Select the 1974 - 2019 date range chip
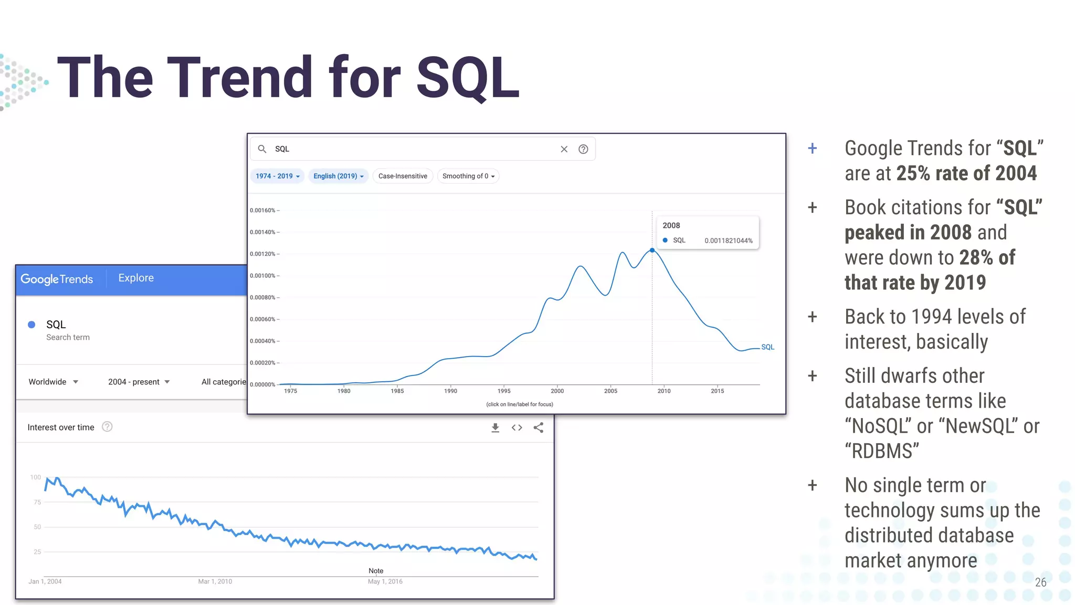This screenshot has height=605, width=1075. (x=278, y=176)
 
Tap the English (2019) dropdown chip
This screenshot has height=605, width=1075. (x=338, y=176)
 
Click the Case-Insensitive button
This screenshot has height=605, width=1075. (x=403, y=176)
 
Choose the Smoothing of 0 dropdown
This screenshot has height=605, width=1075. (x=468, y=176)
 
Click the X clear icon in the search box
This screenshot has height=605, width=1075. (x=564, y=149)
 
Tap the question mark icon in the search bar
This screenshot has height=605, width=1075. (x=583, y=149)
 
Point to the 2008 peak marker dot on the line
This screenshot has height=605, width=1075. (x=652, y=251)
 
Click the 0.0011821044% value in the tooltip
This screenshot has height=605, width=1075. (x=728, y=241)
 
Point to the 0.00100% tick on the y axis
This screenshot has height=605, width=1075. (x=263, y=276)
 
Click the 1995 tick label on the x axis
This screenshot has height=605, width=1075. (x=504, y=391)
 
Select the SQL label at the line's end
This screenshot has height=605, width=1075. (x=767, y=347)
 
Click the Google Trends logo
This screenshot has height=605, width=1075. (x=57, y=279)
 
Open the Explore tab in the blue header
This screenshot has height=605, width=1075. (x=136, y=278)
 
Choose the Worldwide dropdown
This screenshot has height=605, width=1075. (x=53, y=382)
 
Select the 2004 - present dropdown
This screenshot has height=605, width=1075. (x=139, y=382)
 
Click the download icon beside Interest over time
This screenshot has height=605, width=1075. (x=495, y=427)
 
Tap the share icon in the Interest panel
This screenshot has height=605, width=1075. (x=538, y=427)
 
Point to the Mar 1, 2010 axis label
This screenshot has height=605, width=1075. (x=215, y=581)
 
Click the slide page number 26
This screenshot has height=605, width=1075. (x=1040, y=582)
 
